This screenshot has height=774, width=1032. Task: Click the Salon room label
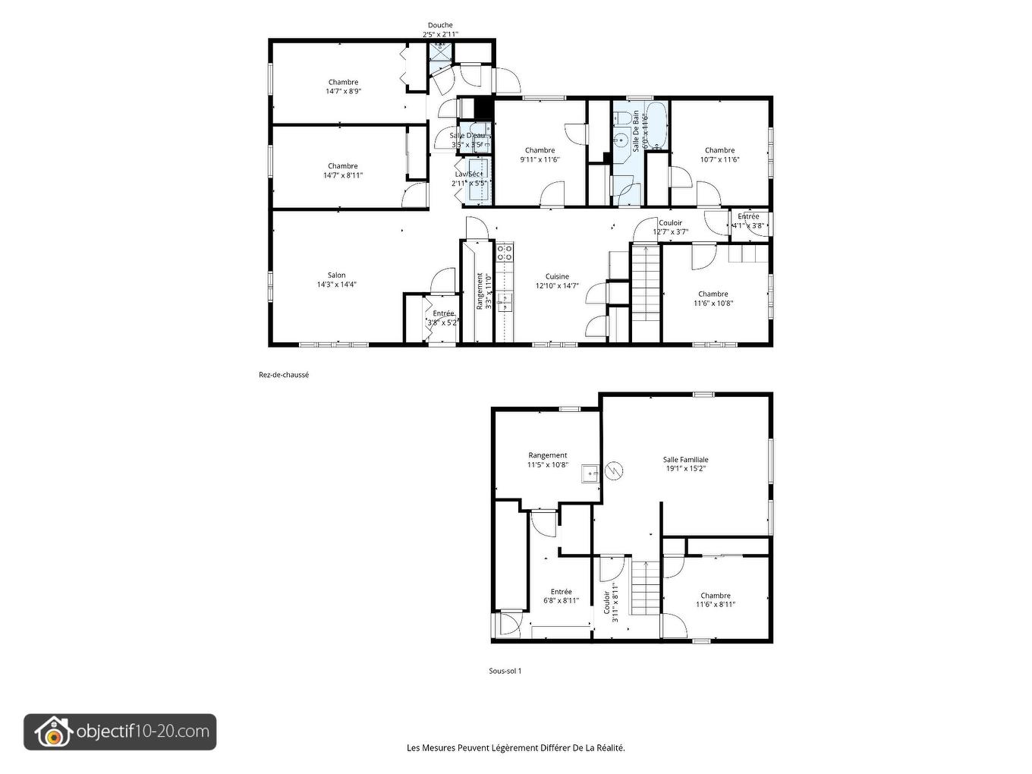point(336,275)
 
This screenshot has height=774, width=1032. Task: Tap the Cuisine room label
point(557,277)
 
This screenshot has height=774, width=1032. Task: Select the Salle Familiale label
point(685,459)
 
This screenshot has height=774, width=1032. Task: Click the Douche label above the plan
point(440,25)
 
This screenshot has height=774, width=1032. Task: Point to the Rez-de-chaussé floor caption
point(284,375)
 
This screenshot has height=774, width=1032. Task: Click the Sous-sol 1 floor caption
point(505,671)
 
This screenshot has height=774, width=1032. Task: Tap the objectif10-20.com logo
point(120,732)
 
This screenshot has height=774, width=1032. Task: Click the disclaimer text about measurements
point(516,747)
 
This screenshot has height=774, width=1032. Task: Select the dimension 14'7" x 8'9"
point(343,91)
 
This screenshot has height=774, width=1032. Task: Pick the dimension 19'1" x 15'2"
point(685,468)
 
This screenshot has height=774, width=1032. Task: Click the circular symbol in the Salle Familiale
point(613,471)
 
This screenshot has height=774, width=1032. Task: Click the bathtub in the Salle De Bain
point(656,125)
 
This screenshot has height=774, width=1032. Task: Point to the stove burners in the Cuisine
point(505,252)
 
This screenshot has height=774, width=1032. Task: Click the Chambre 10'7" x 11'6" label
point(719,155)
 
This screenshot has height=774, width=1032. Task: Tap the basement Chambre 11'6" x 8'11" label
point(716,600)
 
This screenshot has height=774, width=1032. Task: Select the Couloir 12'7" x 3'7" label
point(670,228)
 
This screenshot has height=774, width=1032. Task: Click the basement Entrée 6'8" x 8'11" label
point(561,596)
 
